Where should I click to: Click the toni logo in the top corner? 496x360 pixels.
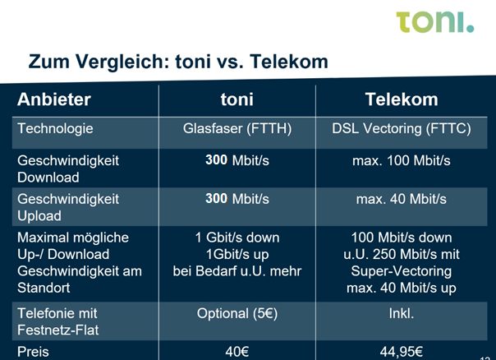[x=435, y=22]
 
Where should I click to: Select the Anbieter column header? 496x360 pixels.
[x=54, y=99]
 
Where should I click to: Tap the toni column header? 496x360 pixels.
[x=237, y=99]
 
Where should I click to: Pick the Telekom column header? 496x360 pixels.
[x=402, y=99]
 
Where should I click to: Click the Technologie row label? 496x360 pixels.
[x=55, y=128]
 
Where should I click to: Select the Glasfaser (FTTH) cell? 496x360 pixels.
[x=237, y=129]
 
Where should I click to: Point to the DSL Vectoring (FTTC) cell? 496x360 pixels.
[x=402, y=129]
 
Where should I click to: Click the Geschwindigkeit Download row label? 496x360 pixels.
[x=68, y=168]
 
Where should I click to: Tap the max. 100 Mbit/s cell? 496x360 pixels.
[x=402, y=160]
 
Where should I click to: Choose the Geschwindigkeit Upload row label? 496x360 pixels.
[x=68, y=207]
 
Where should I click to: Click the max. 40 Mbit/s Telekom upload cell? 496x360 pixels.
[x=402, y=199]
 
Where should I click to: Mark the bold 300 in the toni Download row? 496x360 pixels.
[x=216, y=160]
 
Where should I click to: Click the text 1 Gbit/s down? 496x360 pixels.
[x=237, y=238]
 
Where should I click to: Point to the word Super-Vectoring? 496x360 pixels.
[x=402, y=271]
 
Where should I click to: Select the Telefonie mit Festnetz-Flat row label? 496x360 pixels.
[x=57, y=321]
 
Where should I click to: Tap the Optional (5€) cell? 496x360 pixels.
[x=237, y=314]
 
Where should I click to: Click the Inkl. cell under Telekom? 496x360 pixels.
[x=402, y=313]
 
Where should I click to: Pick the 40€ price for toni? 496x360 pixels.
[x=237, y=352]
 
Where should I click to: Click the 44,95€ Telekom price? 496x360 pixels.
[x=402, y=352]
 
